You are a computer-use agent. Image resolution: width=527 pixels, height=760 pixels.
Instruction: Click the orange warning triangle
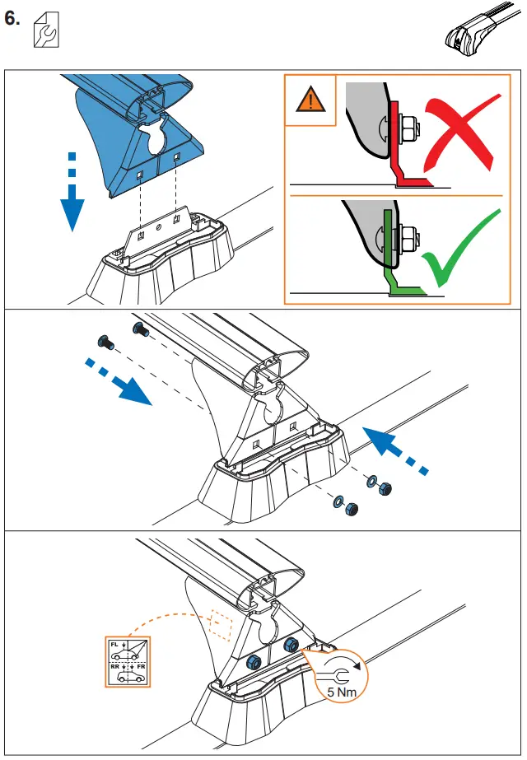click(x=310, y=100)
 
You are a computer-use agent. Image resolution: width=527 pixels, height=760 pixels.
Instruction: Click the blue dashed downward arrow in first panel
click(x=72, y=193)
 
